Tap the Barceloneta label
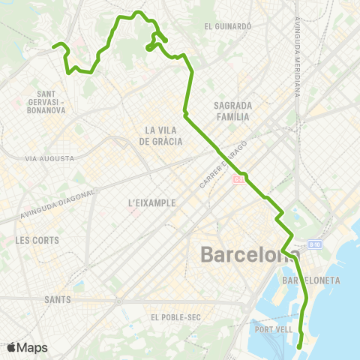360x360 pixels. point(310,280)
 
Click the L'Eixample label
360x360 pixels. point(152,202)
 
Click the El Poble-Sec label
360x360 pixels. point(175,317)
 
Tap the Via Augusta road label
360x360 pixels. point(49,158)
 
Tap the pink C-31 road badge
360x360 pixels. point(238,179)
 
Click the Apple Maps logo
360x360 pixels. point(27,348)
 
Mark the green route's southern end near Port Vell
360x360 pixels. point(299,346)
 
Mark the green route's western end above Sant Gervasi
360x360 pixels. point(54,47)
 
